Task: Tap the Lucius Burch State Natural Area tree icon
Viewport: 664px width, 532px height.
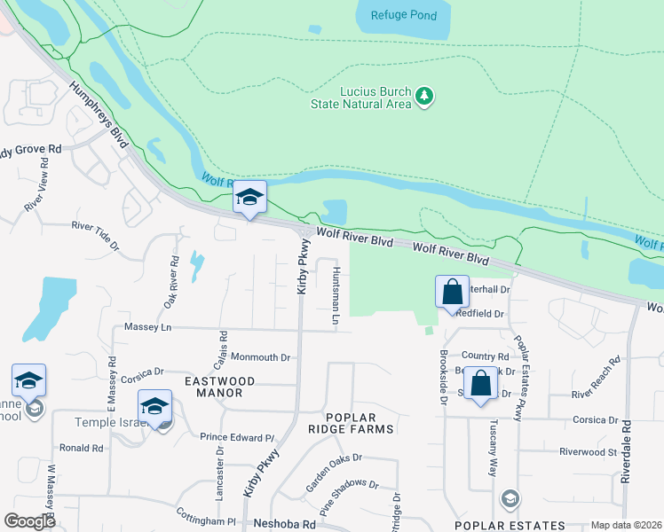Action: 424,96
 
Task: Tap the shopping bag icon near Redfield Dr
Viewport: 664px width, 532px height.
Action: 452,292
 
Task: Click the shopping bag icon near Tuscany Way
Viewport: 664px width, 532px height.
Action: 480,384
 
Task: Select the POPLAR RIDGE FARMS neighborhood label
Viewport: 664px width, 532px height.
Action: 359,423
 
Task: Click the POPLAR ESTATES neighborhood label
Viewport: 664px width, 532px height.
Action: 510,525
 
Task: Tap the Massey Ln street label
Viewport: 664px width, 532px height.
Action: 146,327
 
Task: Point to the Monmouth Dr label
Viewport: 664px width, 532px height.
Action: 261,357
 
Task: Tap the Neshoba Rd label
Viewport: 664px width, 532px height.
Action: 285,524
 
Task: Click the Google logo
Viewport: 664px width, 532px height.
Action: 30,521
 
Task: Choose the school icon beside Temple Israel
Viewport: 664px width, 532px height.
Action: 154,408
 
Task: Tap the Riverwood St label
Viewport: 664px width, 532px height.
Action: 588,451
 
